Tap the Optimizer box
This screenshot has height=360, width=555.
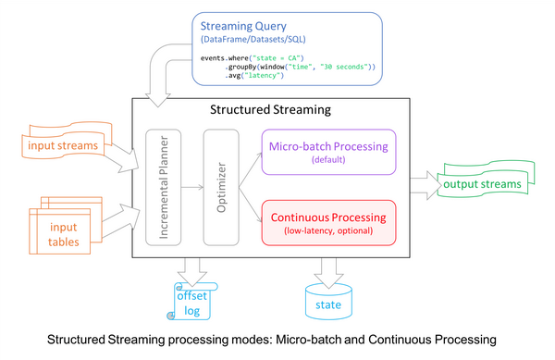coord(221,189)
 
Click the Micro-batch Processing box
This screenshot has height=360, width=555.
coord(330,151)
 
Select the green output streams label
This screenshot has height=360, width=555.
coord(479,183)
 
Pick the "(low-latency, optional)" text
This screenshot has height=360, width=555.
coord(330,230)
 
